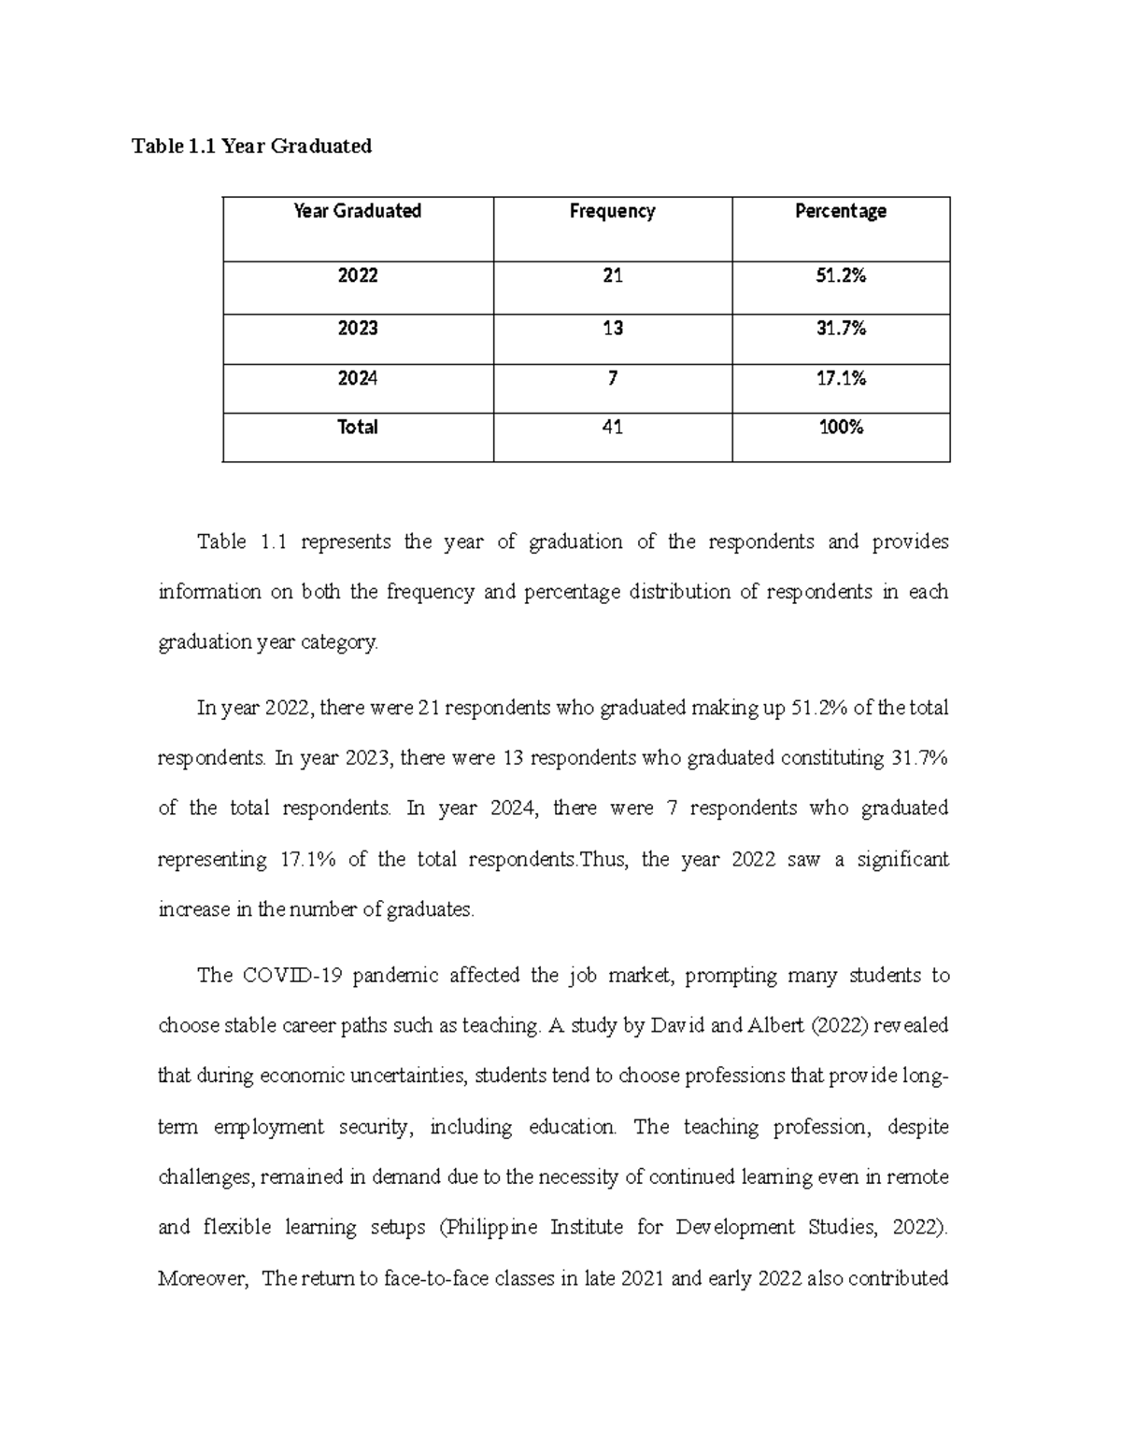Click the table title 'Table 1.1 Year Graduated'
251,146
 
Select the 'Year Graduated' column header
357,211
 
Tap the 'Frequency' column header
612,211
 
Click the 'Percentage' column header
840,211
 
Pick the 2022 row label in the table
357,275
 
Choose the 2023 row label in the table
357,328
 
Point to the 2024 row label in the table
357,378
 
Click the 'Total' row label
357,428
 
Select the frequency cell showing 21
612,275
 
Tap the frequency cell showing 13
612,328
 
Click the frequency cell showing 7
612,378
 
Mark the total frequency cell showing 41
612,428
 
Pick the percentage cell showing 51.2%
840,275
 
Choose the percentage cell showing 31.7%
840,328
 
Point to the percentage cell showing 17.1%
840,378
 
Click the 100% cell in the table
840,428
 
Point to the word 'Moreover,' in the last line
203,1278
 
